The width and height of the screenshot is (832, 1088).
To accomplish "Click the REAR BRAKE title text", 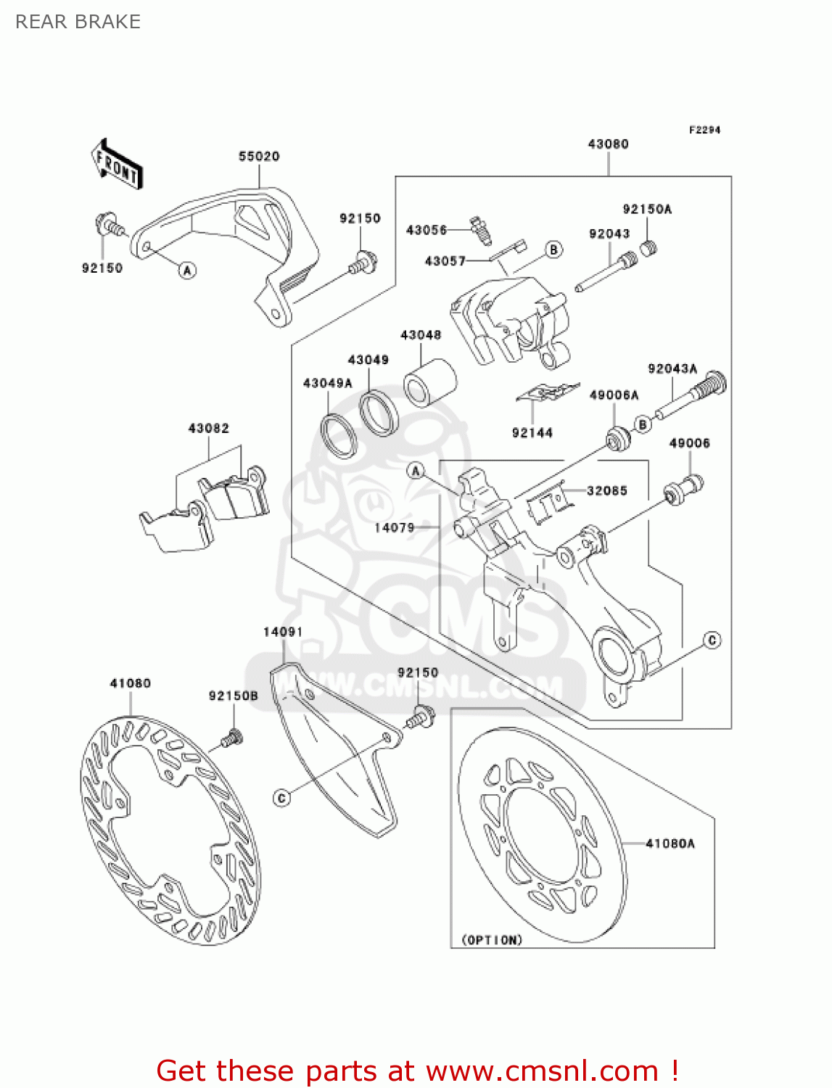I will tap(78, 22).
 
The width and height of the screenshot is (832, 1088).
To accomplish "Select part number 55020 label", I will tap(259, 156).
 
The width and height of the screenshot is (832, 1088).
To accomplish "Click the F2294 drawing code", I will tap(704, 130).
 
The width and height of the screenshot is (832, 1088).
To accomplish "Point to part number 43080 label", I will tap(608, 144).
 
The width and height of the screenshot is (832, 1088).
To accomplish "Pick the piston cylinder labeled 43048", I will tap(430, 382).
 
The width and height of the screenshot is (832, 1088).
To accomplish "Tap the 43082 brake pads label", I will tap(208, 428).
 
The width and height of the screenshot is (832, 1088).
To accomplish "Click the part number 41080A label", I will tap(670, 843).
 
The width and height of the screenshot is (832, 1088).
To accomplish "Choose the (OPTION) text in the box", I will tap(492, 940).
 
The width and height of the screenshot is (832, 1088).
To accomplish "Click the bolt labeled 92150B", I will tap(231, 738).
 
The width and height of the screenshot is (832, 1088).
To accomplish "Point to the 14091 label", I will tap(282, 632).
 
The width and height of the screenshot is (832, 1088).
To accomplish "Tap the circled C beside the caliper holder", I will tap(712, 640).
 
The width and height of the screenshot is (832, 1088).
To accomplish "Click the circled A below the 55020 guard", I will tap(187, 271).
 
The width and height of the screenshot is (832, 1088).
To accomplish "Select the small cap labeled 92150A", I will tap(648, 248).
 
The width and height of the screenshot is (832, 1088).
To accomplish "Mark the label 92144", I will tap(532, 433).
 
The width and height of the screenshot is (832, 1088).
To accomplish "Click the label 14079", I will tap(394, 527).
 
